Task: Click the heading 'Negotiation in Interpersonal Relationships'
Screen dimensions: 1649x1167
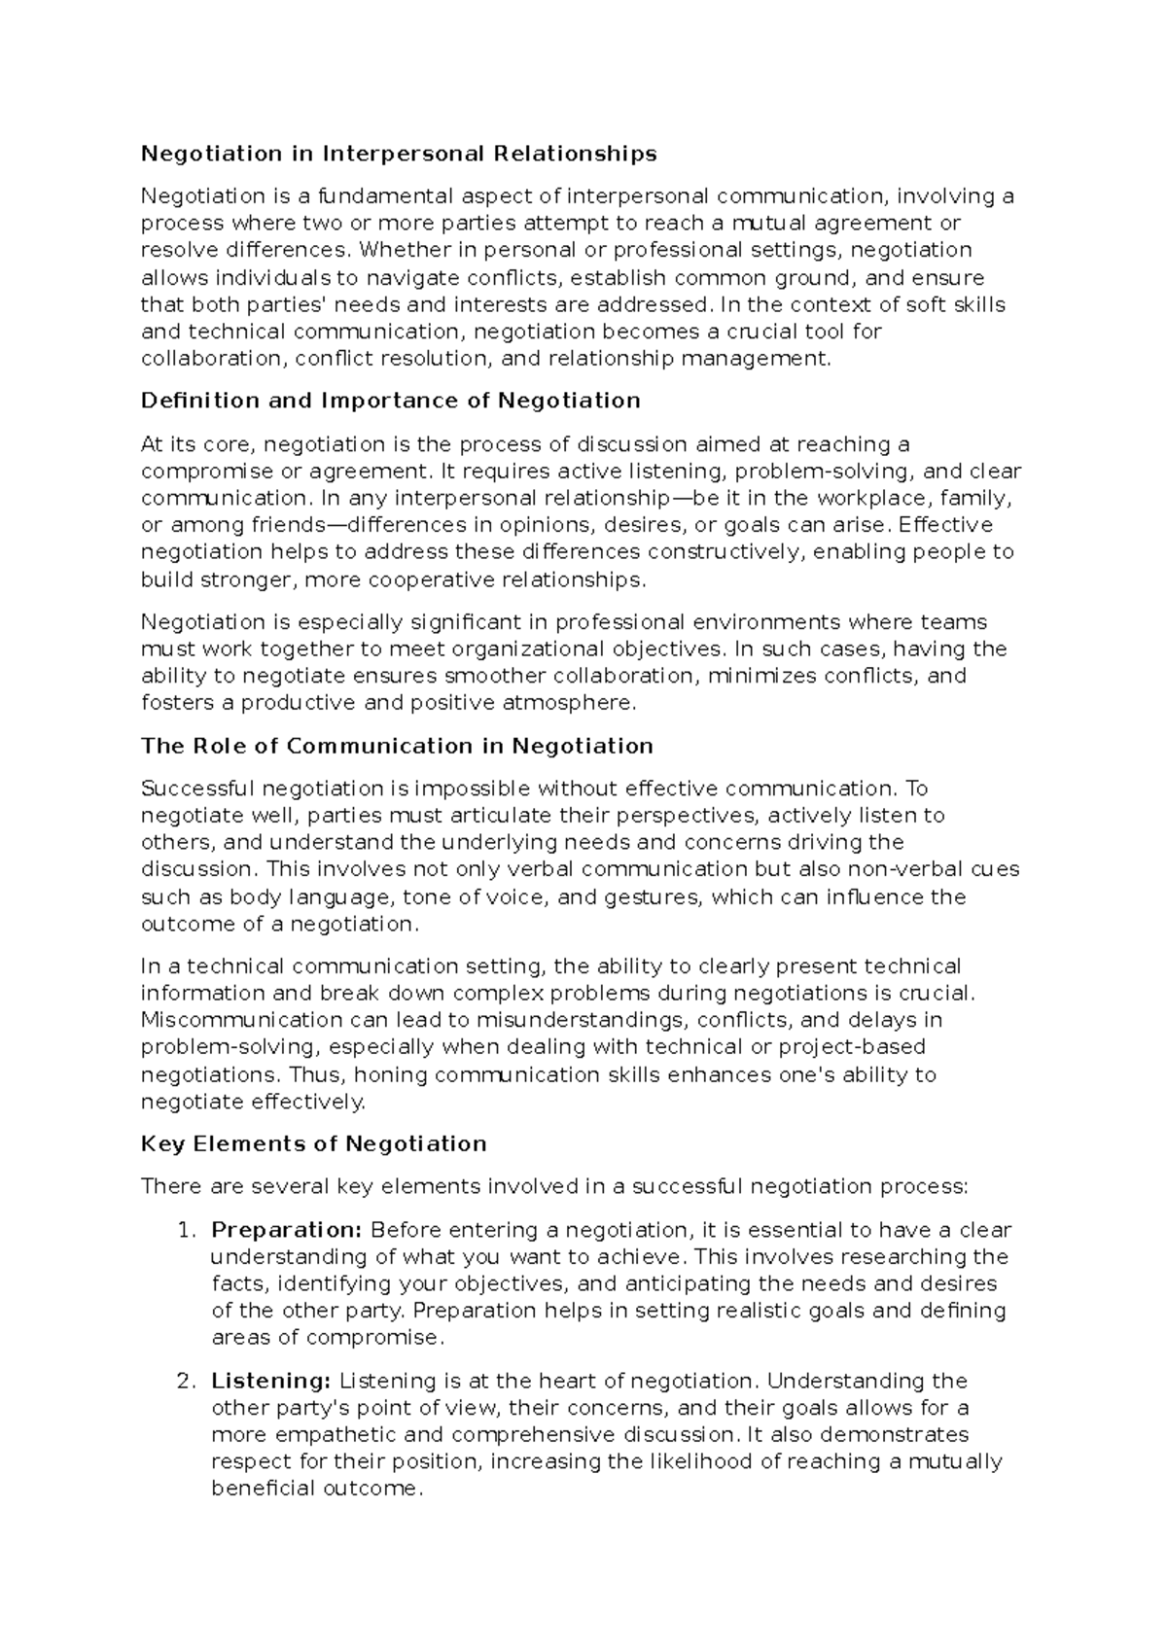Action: [399, 154]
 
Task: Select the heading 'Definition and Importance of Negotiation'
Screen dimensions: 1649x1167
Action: [390, 401]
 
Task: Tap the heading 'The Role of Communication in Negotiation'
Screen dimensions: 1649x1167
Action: [397, 746]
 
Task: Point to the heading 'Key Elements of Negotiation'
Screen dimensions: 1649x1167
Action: [313, 1143]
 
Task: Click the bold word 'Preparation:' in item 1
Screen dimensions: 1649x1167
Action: [287, 1230]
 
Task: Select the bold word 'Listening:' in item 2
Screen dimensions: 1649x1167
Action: [271, 1381]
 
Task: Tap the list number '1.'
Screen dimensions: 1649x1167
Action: [189, 1230]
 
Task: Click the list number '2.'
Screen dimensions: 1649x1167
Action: [189, 1381]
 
